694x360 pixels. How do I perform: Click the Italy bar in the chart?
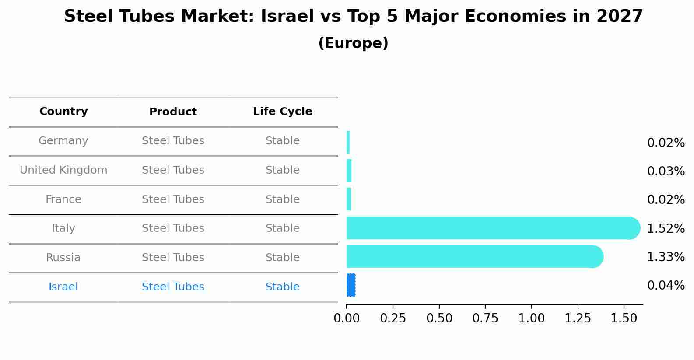pos(490,228)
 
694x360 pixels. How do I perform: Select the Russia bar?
pos(473,256)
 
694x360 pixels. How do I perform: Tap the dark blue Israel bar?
pos(351,285)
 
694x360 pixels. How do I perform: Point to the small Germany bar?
pos(348,142)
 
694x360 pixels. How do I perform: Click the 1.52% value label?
pos(666,228)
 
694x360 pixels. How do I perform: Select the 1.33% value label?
pos(666,257)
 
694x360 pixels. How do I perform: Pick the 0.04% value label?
pos(666,286)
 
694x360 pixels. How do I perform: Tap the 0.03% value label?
pos(666,171)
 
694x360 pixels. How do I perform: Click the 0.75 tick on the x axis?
pos(485,318)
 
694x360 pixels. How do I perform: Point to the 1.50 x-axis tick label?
pos(624,318)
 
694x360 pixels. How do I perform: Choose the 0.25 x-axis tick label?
pos(393,318)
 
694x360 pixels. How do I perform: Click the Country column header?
pos(63,112)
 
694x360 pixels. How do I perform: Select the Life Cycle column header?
pos(283,112)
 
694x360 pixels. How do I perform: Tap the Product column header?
pos(173,112)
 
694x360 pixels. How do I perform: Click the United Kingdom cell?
pos(63,170)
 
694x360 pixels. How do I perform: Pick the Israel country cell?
pos(63,287)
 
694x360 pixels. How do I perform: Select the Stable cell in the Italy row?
pos(283,228)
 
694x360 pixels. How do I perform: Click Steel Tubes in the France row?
pos(173,199)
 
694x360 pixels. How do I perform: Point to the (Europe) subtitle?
pos(353,43)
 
